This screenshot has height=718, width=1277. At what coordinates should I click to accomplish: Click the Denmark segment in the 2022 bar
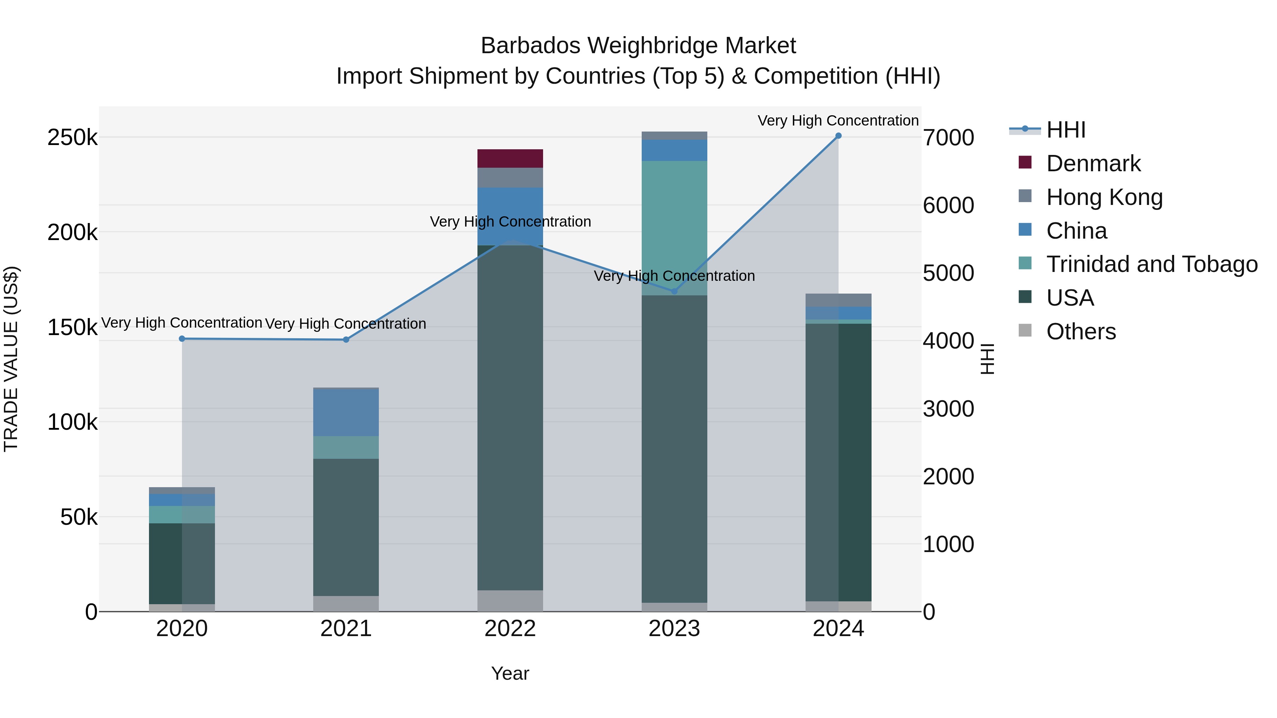pyautogui.click(x=510, y=158)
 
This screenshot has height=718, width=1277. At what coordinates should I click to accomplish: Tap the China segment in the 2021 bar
pyautogui.click(x=346, y=412)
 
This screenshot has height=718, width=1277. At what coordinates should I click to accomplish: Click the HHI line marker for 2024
pyautogui.click(x=838, y=136)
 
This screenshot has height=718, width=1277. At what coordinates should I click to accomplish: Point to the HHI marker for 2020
pyautogui.click(x=182, y=339)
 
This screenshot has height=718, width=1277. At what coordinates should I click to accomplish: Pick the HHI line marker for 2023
pyautogui.click(x=674, y=291)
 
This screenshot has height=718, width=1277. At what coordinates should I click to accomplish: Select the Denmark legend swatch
pyautogui.click(x=1025, y=162)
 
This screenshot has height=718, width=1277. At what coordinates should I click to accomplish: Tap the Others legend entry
pyautogui.click(x=1081, y=332)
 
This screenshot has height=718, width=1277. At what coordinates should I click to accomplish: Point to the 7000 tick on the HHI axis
pyautogui.click(x=948, y=138)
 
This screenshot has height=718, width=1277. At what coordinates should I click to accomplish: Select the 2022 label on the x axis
pyautogui.click(x=510, y=629)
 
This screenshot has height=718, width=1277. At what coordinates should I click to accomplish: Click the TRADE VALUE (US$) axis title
pyautogui.click(x=11, y=359)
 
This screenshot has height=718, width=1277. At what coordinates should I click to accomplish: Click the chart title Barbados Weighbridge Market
pyautogui.click(x=638, y=46)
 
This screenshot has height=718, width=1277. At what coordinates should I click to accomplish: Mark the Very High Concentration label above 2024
pyautogui.click(x=838, y=121)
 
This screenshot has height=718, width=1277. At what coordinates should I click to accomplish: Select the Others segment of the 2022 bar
pyautogui.click(x=510, y=601)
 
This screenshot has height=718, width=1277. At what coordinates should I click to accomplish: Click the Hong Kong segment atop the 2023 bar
pyautogui.click(x=674, y=136)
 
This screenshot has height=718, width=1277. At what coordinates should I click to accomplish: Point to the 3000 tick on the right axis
pyautogui.click(x=948, y=409)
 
